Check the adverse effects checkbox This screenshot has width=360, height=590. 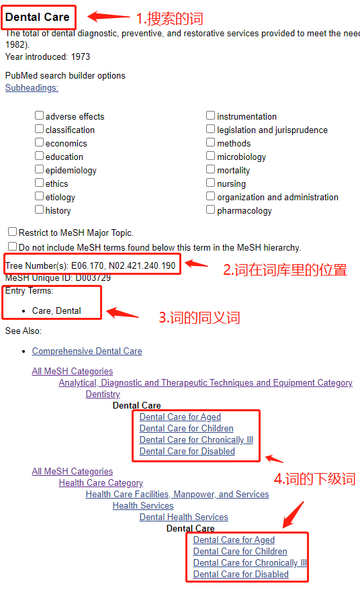click(40, 116)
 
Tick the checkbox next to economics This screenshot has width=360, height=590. click(40, 142)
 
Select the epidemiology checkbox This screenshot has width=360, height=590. click(40, 169)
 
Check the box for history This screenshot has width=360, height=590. click(40, 210)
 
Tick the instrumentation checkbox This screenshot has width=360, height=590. click(211, 116)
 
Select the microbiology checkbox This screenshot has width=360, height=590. click(211, 156)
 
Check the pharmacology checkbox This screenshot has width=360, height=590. click(211, 210)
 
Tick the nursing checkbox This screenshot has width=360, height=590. click(211, 183)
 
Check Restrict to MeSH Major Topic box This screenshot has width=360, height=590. click(12, 232)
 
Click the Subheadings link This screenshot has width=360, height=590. click(32, 87)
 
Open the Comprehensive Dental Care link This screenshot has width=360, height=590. click(87, 351)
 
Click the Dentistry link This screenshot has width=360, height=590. click(103, 394)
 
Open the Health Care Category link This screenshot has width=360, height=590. click(101, 482)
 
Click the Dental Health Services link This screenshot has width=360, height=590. click(183, 517)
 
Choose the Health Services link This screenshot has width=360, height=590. click(143, 505)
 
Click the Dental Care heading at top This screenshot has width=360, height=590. click(37, 17)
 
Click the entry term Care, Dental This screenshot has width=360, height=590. click(56, 311)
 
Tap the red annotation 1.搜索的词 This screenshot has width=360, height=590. click(169, 19)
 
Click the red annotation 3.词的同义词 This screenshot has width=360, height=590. click(199, 317)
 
